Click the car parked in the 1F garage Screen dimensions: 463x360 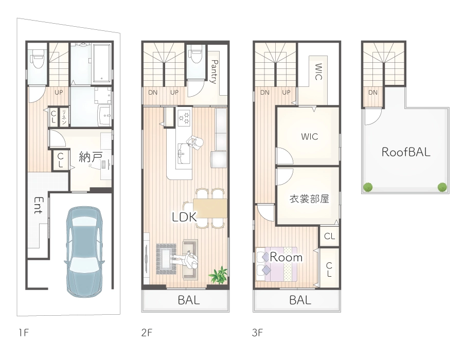pyautogui.click(x=84, y=251)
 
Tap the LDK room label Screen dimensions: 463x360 pyautogui.click(x=184, y=217)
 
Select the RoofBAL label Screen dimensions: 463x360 pyautogui.click(x=406, y=152)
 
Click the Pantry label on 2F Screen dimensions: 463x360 pyautogui.click(x=215, y=71)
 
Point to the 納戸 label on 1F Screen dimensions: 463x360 pyautogui.click(x=91, y=157)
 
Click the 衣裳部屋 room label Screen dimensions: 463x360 pyautogui.click(x=309, y=199)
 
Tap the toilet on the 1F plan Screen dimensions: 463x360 pyautogui.click(x=38, y=59)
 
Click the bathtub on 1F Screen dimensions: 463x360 pyautogui.click(x=102, y=63)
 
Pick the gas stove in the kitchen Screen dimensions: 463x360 pyautogui.click(x=184, y=117)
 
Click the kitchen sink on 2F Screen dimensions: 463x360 pyautogui.click(x=184, y=153)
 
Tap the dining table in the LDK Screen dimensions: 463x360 pyautogui.click(x=210, y=208)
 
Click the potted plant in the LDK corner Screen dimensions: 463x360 pyautogui.click(x=219, y=275)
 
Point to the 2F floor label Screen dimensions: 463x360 pyautogui.click(x=147, y=333)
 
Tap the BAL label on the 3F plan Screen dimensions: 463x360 pyautogui.click(x=300, y=300)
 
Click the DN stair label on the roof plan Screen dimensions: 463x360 pyautogui.click(x=372, y=93)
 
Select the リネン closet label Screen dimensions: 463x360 pyautogui.click(x=64, y=117)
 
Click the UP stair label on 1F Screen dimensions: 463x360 pyautogui.click(x=59, y=93)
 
